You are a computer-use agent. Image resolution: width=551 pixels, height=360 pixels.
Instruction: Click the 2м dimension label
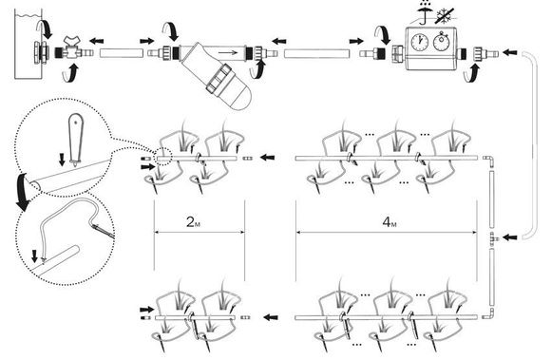click(x=193, y=222)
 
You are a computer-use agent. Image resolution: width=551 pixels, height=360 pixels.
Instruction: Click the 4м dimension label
click(x=389, y=222)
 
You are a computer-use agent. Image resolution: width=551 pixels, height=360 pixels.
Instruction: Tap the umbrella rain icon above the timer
click(x=425, y=12)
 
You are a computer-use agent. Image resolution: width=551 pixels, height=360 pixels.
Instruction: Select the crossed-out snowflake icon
click(x=445, y=16)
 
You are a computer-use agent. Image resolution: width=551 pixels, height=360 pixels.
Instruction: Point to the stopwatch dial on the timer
click(x=442, y=42)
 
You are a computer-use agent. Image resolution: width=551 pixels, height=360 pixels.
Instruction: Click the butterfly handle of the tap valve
click(x=73, y=40)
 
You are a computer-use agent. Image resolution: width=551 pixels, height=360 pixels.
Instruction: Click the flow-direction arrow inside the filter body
click(x=228, y=53)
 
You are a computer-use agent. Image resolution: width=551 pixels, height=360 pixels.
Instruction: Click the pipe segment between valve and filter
click(x=122, y=53)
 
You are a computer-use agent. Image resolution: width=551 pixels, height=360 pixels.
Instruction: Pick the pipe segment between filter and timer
click(x=317, y=54)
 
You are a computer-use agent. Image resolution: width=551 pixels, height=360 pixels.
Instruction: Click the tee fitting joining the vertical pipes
click(x=493, y=237)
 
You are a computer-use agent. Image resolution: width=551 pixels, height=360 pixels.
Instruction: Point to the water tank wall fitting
click(x=41, y=53)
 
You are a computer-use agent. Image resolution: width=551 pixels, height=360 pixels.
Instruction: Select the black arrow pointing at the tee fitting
click(x=510, y=237)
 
